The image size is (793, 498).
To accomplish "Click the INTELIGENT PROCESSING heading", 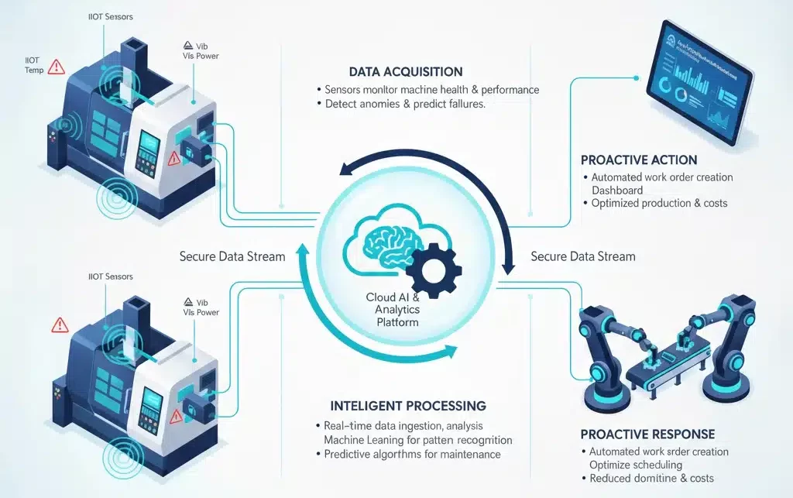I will coord(396,406).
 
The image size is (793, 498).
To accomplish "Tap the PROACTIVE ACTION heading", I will coord(639,160).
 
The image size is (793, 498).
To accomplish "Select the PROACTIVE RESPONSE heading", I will coord(647,434).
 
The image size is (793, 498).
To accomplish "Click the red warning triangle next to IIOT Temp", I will coord(56,67).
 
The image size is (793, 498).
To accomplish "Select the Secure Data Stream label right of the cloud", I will coord(583,256).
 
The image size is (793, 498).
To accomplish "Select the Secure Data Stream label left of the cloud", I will coord(232,256).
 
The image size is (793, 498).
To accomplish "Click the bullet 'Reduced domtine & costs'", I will coord(651,478).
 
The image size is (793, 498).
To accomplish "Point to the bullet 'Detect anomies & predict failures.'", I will coord(405,104).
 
